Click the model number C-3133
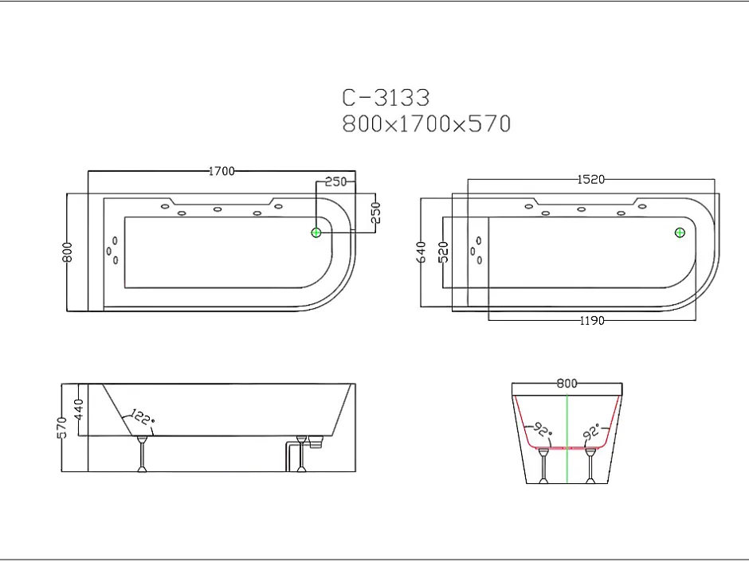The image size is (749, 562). pyautogui.click(x=386, y=98)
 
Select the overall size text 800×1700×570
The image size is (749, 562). pyautogui.click(x=426, y=124)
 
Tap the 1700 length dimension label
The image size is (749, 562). pyautogui.click(x=222, y=171)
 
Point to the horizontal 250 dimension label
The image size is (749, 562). pyautogui.click(x=335, y=181)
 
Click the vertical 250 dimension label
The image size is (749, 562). pyautogui.click(x=375, y=213)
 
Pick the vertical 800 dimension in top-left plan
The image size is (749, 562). pyautogui.click(x=67, y=252)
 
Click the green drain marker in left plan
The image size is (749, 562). pyautogui.click(x=316, y=232)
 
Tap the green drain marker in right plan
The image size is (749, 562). pyautogui.click(x=680, y=232)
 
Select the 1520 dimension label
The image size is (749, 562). pyautogui.click(x=591, y=179)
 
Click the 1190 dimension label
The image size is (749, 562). pyautogui.click(x=592, y=321)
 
